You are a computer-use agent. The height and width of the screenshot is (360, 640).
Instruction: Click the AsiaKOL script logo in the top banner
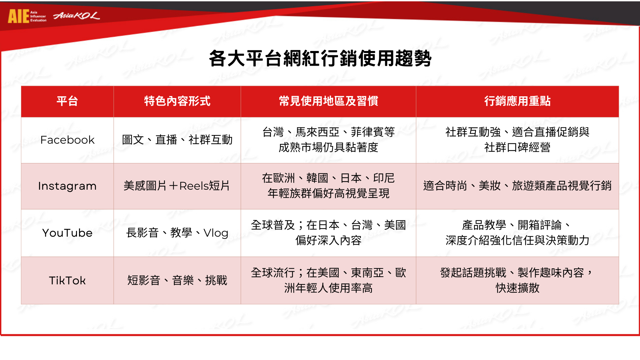76,16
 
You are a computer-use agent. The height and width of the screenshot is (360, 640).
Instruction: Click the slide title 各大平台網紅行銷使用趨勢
320,59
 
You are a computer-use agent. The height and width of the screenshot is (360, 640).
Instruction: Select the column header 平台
67,101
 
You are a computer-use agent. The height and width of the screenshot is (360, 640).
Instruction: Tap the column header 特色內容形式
177,101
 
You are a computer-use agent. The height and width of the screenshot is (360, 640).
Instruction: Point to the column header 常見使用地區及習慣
328,101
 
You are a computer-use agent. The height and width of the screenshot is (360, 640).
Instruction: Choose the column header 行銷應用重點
517,101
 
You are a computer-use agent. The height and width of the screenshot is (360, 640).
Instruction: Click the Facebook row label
67,140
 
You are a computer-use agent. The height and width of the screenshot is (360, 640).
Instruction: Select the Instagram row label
67,186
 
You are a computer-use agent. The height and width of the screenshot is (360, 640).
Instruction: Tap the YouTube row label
67,233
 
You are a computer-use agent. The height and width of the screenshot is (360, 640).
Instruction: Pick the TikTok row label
67,281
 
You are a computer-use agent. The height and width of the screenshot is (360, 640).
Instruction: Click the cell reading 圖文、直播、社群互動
177,140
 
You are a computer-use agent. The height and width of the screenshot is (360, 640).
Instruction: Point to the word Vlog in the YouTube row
216,233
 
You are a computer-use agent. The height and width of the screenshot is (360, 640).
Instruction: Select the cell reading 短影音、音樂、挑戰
177,281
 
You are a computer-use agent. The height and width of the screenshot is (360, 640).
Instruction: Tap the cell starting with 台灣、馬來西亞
328,140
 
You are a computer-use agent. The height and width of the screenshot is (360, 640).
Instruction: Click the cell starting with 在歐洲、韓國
328,186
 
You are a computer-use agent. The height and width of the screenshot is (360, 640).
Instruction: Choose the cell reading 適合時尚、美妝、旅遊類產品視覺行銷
517,186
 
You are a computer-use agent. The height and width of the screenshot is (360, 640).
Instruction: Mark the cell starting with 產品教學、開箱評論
517,233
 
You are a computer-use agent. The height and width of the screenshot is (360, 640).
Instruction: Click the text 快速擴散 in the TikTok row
517,288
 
